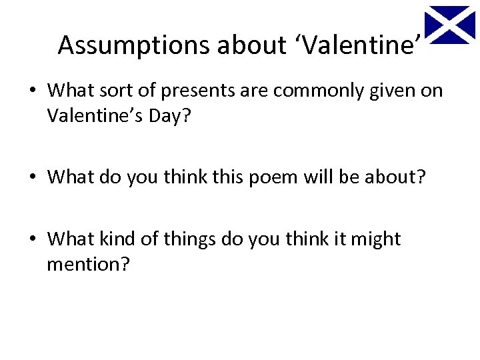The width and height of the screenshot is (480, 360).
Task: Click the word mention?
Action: [89, 265]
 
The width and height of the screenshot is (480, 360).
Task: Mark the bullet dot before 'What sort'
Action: [33, 90]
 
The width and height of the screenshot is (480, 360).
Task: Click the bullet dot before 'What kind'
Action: [33, 239]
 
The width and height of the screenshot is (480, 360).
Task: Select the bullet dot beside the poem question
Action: [33, 177]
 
